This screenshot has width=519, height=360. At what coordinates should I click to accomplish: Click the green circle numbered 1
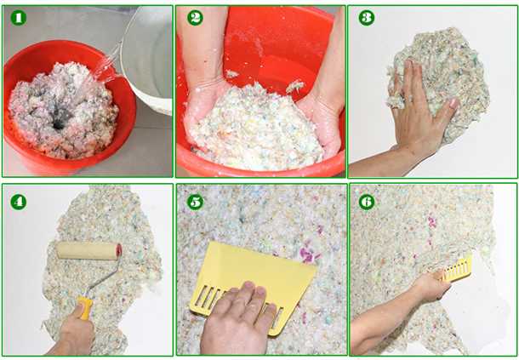pos(18,18)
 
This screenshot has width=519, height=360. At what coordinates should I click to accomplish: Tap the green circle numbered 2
pos(195,18)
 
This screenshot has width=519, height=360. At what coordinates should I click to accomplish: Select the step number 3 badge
pos(367,18)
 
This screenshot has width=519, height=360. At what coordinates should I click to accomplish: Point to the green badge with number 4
pos(18,202)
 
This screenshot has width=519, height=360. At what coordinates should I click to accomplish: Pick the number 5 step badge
pos(195,202)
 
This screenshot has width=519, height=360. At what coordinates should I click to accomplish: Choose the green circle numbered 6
pos(367,202)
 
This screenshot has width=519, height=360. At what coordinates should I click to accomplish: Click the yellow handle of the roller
pos(85,308)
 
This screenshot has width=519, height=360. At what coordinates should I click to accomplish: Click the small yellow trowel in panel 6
pos(457,269)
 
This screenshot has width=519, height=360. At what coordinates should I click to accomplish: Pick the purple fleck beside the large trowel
pos(307,254)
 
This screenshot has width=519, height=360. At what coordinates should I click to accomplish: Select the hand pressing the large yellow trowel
pos(238,318)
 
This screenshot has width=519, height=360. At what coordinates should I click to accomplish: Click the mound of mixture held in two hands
pos(256,129)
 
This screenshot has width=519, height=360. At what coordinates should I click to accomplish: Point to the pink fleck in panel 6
pos(432,222)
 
